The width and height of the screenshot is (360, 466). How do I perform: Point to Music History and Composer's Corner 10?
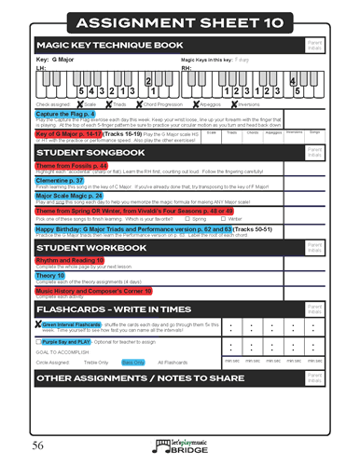click(x=101, y=291)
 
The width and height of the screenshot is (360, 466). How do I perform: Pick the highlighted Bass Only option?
click(x=132, y=362)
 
